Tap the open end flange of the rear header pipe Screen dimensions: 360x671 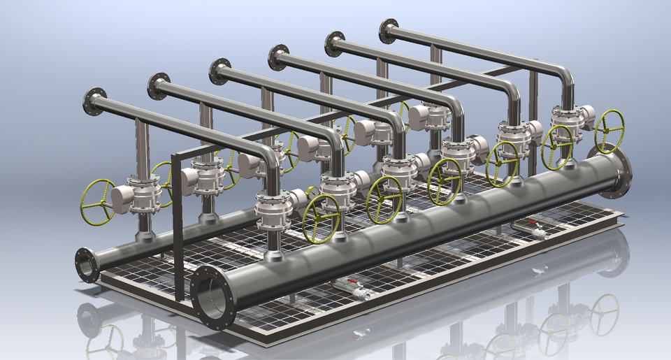87,265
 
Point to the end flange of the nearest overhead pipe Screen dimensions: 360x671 94,101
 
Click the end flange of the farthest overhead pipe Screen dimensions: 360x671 389,31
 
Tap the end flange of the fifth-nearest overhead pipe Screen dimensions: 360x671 335,44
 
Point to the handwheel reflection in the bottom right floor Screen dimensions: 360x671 604,315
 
